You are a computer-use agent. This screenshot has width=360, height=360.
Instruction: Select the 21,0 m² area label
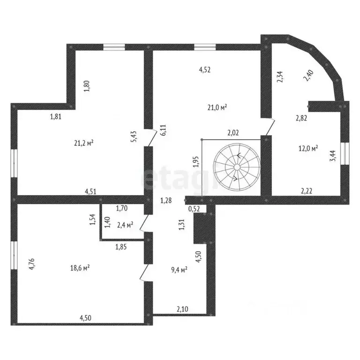pyautogui.click(x=218, y=107)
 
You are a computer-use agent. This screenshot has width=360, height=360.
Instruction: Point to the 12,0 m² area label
pyautogui.click(x=308, y=148)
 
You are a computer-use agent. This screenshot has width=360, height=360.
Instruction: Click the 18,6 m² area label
pyautogui.click(x=80, y=268)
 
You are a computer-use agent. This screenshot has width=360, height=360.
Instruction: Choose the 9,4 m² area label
pyautogui.click(x=179, y=269)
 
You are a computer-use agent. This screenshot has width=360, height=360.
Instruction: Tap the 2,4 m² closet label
pyautogui.click(x=125, y=225)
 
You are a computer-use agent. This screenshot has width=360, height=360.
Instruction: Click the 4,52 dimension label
pyautogui.click(x=205, y=70)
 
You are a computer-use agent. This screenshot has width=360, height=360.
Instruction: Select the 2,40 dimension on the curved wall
pyautogui.click(x=309, y=75)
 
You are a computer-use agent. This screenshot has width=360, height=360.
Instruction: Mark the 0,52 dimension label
pyautogui.click(x=194, y=209)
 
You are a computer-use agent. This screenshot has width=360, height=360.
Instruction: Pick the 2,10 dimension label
pyautogui.click(x=182, y=308)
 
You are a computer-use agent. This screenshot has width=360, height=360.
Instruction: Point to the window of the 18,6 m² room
pyautogui.click(x=14, y=260)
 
